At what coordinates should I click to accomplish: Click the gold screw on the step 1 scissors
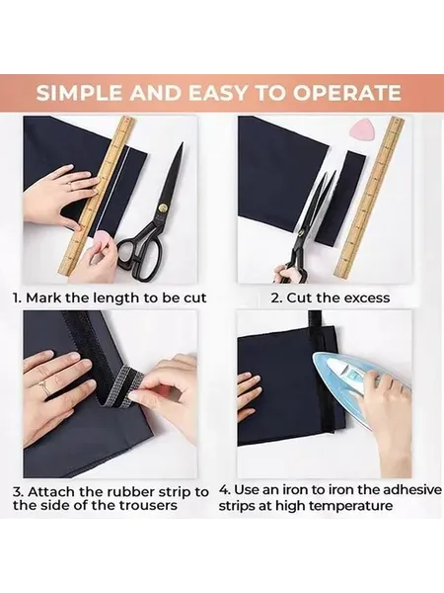pyautogui.click(x=164, y=208)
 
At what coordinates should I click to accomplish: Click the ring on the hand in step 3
pyautogui.click(x=42, y=388)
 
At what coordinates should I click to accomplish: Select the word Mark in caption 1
pyautogui.click(x=43, y=297)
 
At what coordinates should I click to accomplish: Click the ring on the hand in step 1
pyautogui.click(x=70, y=185)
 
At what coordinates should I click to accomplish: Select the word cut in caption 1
pyautogui.click(x=194, y=298)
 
